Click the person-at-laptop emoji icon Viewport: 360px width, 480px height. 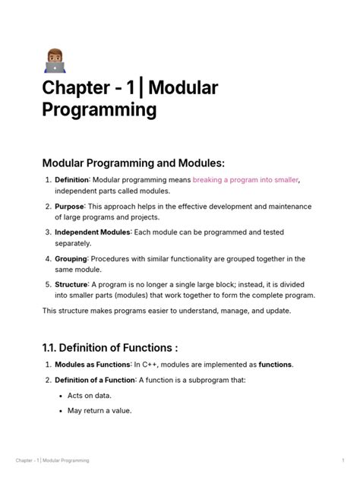55,60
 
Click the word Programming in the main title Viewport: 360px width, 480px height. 99,110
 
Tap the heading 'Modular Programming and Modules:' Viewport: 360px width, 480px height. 134,163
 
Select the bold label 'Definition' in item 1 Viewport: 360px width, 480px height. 72,179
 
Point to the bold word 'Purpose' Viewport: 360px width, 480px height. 70,206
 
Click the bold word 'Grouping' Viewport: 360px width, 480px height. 71,258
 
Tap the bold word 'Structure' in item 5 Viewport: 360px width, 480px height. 71,284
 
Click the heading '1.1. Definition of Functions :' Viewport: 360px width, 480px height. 109,348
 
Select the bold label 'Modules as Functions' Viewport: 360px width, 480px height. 93,365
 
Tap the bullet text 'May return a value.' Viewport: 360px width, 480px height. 100,411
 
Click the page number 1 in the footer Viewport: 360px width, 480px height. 343,461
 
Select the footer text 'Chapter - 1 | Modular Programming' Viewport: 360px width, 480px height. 52,461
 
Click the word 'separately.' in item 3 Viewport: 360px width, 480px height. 72,243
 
